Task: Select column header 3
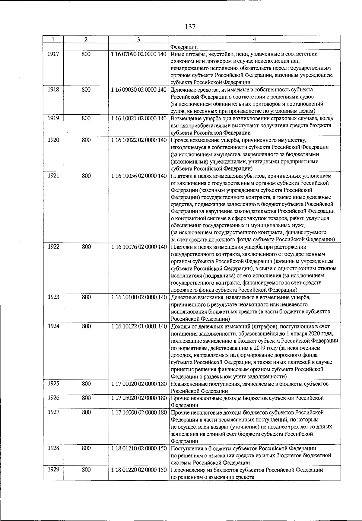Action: tap(138, 39)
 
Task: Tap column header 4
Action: tap(254, 39)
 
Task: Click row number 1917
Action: tap(53, 54)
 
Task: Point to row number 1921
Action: tap(53, 176)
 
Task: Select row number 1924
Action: tap(53, 326)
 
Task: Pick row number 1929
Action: tap(53, 470)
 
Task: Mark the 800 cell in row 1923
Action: tap(86, 297)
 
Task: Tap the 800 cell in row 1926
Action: tap(86, 398)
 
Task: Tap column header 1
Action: tap(53, 39)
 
